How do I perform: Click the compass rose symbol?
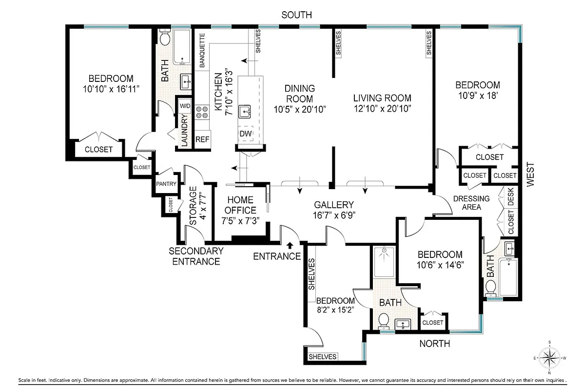pos(550,358)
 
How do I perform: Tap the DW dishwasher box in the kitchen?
pos(246,134)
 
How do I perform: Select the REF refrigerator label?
pos(202,139)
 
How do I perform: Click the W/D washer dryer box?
pos(185,106)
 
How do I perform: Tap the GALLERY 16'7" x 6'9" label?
pos(333,210)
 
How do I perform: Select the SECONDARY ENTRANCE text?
pos(196,256)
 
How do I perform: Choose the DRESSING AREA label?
pos(471,202)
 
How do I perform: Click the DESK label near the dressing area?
pos(511,197)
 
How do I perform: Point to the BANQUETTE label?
pos(202,50)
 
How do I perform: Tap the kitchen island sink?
pos(245,112)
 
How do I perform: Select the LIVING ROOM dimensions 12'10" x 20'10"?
pos(382,108)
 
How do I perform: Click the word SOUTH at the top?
pos(296,15)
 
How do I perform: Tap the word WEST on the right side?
pos(531,174)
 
